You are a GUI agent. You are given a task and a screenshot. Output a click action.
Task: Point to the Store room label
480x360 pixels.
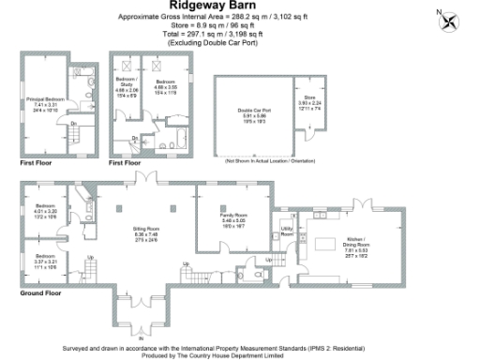[x=309, y=100]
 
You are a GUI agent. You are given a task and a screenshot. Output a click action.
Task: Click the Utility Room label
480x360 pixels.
[x=288, y=231]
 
